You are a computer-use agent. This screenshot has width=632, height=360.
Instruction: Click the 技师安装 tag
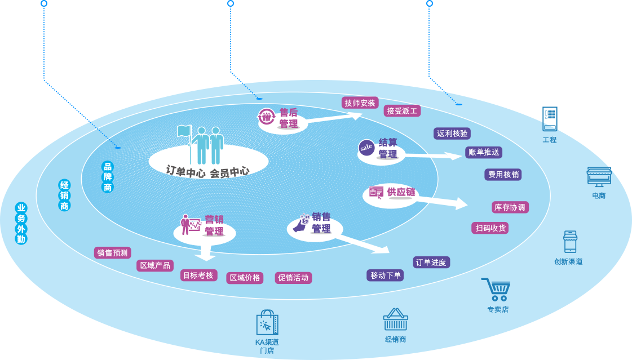click(x=360, y=103)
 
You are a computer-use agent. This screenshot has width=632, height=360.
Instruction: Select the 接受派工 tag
click(x=402, y=111)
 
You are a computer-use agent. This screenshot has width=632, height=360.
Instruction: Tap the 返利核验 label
click(x=452, y=134)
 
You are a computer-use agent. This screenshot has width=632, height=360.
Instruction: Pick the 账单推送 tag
click(x=484, y=152)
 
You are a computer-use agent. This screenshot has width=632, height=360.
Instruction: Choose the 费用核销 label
click(x=503, y=175)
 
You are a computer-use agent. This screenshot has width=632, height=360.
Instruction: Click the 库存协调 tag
click(x=510, y=207)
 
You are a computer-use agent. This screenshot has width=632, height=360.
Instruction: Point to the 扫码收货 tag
click(x=490, y=228)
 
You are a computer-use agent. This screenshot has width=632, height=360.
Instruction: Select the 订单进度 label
click(x=431, y=263)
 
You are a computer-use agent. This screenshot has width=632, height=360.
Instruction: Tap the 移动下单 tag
click(x=385, y=275)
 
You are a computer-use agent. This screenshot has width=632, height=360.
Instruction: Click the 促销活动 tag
click(x=293, y=278)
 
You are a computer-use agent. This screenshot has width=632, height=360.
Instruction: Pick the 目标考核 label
click(x=198, y=275)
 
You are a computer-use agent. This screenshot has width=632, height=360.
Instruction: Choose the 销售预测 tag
click(x=113, y=253)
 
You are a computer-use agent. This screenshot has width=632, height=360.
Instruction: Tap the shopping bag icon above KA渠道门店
click(x=267, y=323)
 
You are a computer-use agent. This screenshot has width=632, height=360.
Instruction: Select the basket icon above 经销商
click(x=395, y=320)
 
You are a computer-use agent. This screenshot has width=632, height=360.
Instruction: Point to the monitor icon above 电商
click(x=599, y=177)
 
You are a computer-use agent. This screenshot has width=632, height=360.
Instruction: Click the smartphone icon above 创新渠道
click(x=570, y=242)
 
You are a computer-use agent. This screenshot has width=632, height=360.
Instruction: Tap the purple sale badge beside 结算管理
click(x=366, y=148)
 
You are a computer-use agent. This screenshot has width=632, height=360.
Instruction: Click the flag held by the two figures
click(x=184, y=131)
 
